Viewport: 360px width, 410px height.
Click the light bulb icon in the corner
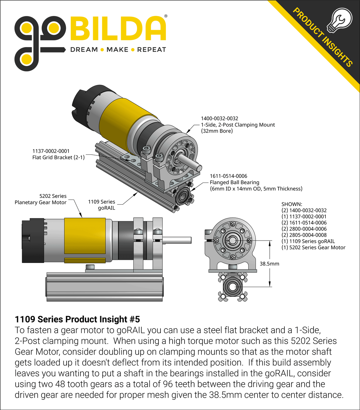point(340,20)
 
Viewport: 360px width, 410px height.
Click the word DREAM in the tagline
point(84,50)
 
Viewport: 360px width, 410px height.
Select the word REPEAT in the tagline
point(151,50)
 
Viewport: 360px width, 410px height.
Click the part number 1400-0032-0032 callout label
point(219,119)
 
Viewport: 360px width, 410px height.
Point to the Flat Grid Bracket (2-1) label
point(58,157)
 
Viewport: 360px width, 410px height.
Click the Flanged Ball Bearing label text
point(234,182)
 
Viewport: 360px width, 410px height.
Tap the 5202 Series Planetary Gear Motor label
point(41,199)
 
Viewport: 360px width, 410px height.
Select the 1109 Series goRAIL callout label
point(102,205)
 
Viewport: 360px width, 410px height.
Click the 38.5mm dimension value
point(269,264)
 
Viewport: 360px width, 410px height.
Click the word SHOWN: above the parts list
point(291,204)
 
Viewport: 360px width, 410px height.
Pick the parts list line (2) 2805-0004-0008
point(304,235)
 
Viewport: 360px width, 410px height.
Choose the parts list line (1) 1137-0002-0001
point(304,217)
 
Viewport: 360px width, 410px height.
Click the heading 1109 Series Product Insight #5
point(77,319)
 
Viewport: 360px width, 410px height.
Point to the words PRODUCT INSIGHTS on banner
point(323,37)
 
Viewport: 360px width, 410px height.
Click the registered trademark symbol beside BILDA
point(165,16)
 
